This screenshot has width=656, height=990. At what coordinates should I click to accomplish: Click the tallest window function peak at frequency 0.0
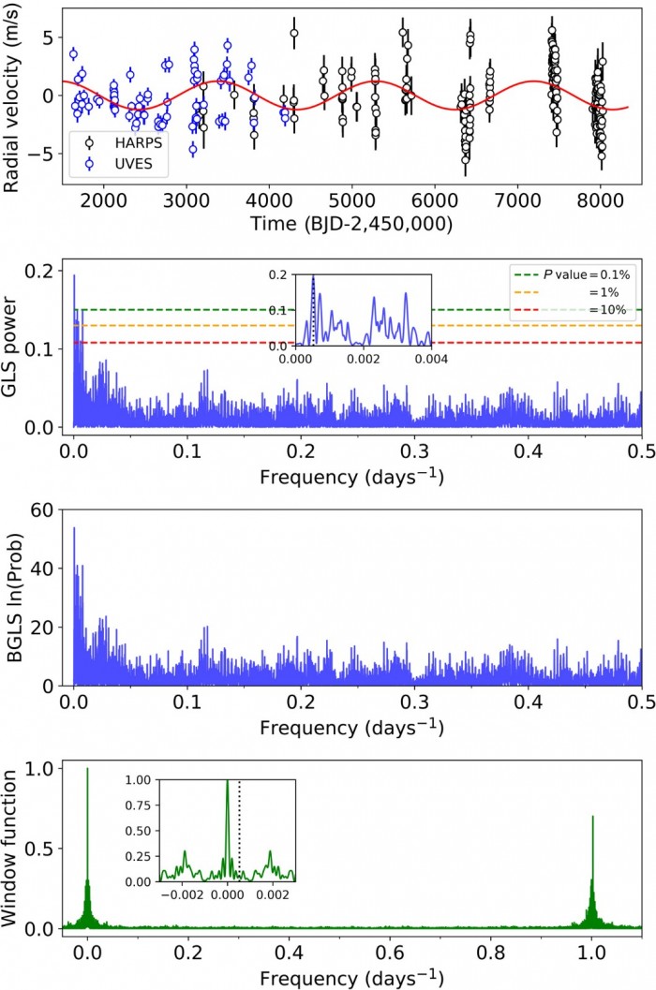87,770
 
